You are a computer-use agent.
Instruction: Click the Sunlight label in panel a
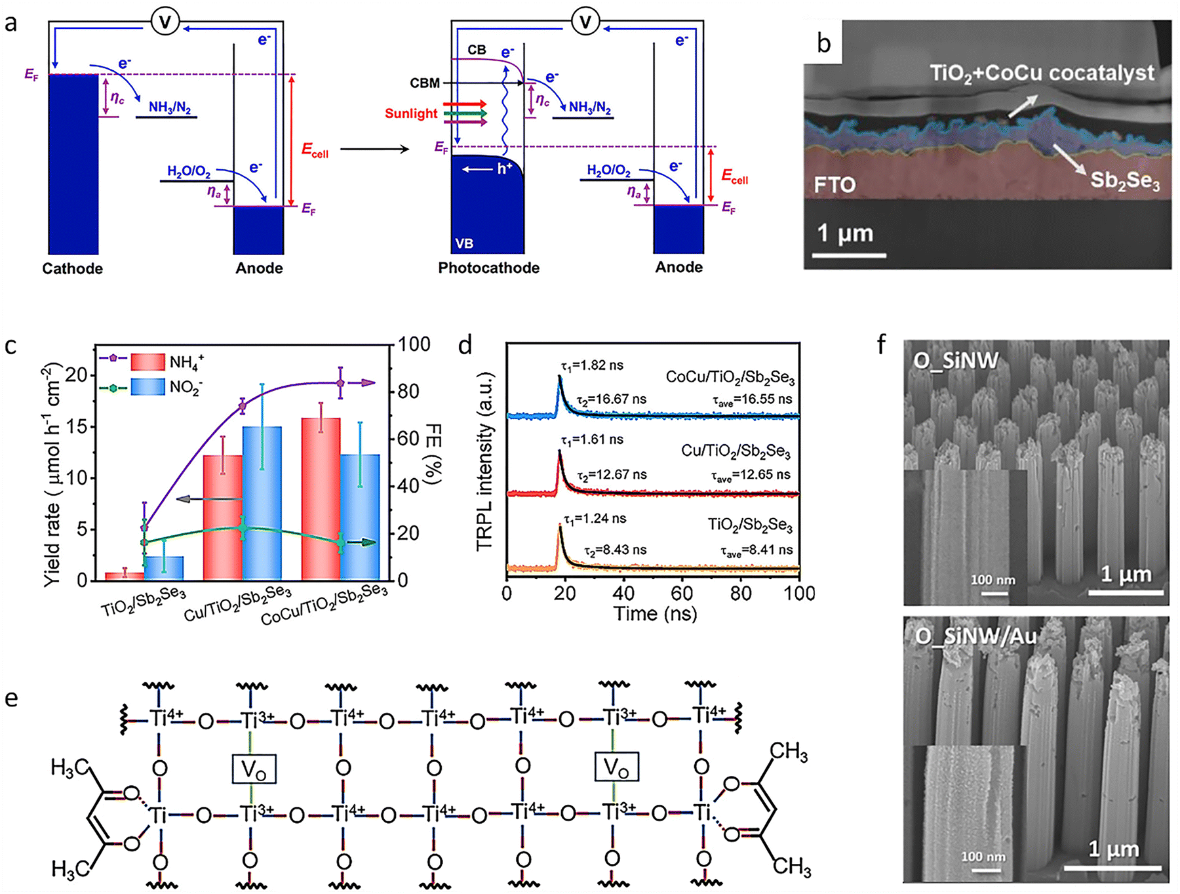pyautogui.click(x=410, y=113)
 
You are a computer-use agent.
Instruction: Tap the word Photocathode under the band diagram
pyautogui.click(x=488, y=268)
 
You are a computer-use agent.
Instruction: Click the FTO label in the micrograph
pyautogui.click(x=835, y=185)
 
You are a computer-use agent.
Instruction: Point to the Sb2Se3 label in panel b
pyautogui.click(x=1125, y=180)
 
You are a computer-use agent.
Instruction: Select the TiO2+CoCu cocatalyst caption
pyautogui.click(x=1042, y=73)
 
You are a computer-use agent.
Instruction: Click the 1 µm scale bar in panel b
pyautogui.click(x=849, y=254)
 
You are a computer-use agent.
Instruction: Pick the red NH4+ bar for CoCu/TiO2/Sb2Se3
pyautogui.click(x=321, y=498)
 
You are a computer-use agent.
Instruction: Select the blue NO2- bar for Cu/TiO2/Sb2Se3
pyautogui.click(x=262, y=502)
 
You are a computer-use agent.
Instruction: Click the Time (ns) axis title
pyautogui.click(x=655, y=614)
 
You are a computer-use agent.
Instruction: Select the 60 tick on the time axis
pyautogui.click(x=682, y=594)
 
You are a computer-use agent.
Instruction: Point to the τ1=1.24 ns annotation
pyautogui.click(x=595, y=519)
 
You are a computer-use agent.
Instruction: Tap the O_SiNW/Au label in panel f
pyautogui.click(x=975, y=636)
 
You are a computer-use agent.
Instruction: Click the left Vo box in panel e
pyautogui.click(x=254, y=769)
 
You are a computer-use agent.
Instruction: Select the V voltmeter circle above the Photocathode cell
pyautogui.click(x=585, y=22)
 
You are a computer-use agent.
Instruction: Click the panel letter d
pyautogui.click(x=465, y=344)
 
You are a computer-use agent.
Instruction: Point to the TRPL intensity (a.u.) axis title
pyautogui.click(x=484, y=462)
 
